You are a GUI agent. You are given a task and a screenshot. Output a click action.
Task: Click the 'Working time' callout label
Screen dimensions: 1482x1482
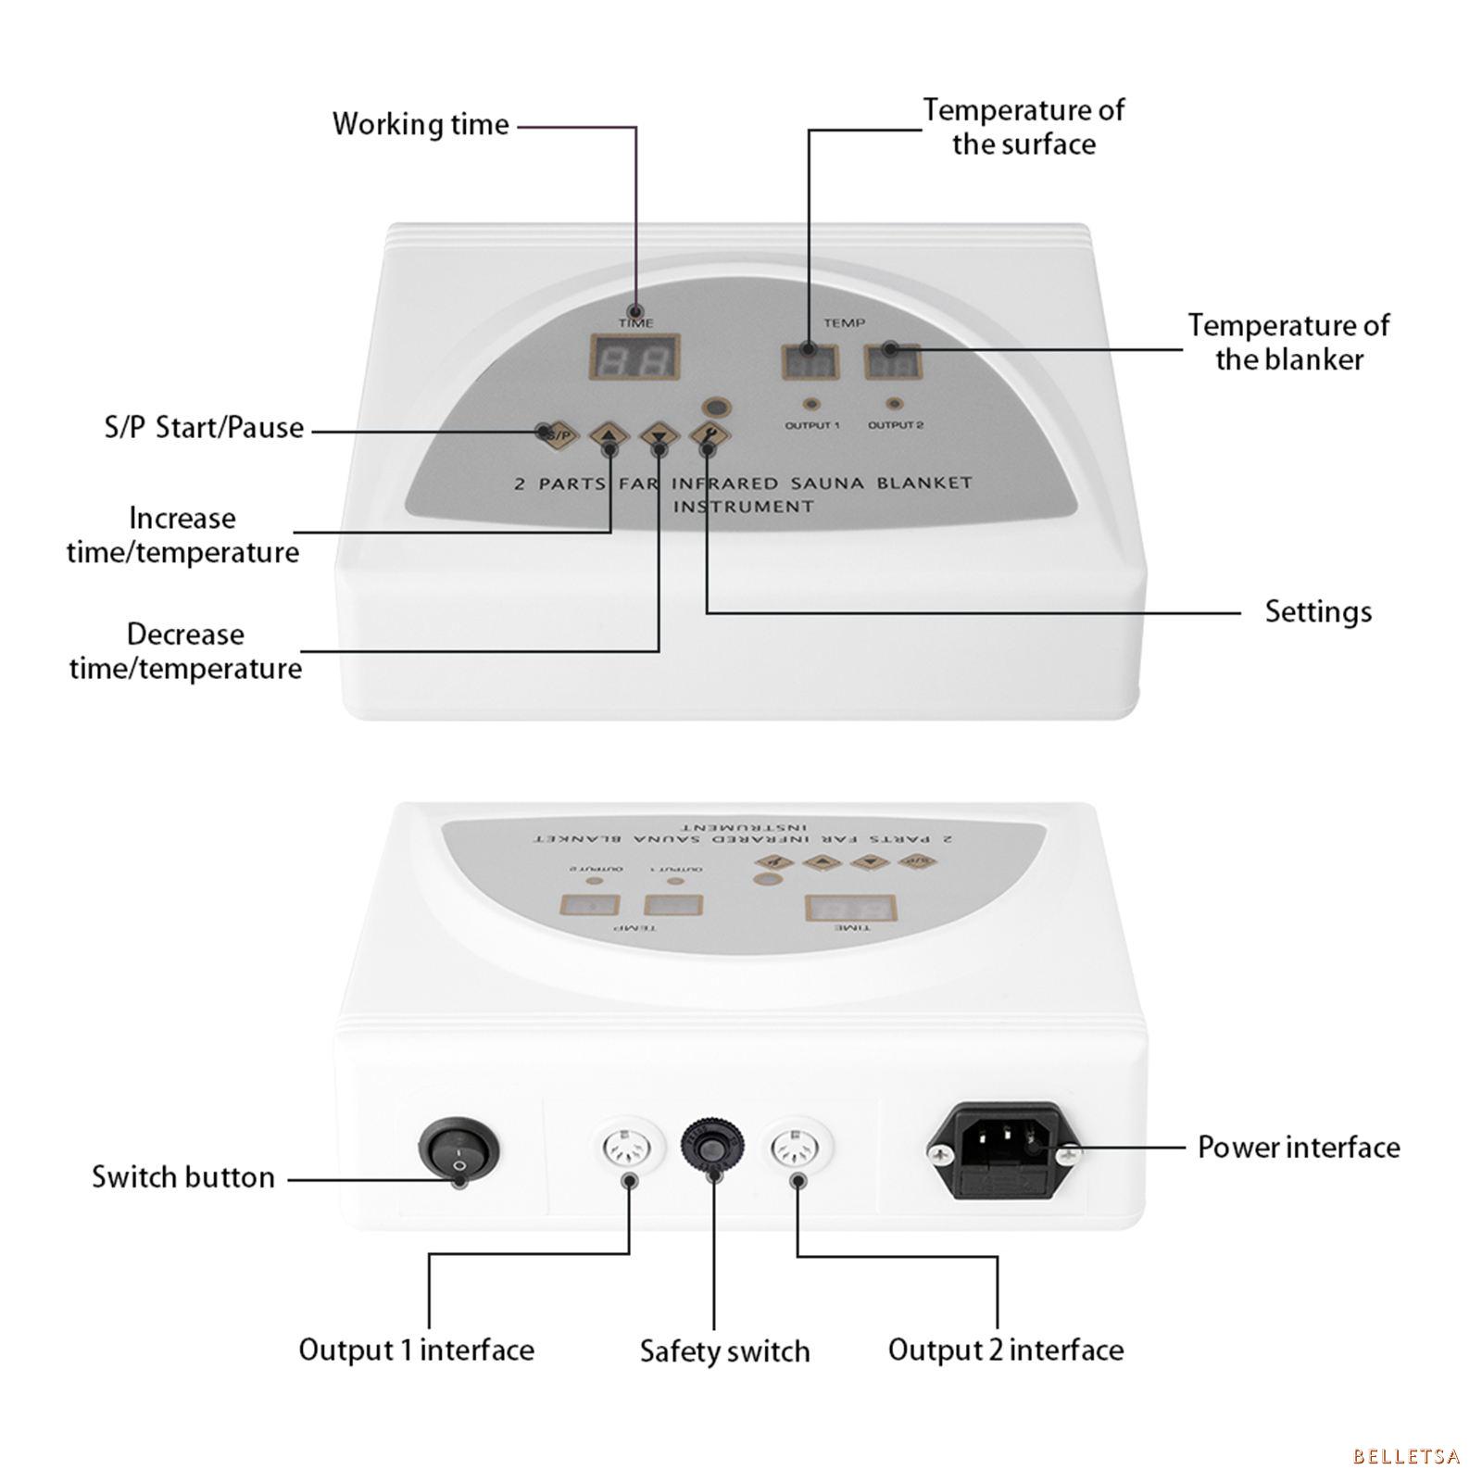(x=421, y=124)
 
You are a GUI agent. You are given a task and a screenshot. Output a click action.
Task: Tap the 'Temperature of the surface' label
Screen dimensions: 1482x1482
(x=1024, y=127)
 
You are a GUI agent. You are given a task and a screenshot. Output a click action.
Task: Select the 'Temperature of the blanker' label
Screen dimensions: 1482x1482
(x=1288, y=342)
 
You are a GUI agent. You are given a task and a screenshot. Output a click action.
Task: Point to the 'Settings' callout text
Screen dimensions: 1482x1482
(x=1318, y=612)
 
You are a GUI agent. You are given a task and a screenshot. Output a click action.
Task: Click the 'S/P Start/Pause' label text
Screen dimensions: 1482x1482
(x=204, y=428)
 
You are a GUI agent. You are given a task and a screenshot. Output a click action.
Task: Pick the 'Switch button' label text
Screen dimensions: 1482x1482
(x=183, y=1177)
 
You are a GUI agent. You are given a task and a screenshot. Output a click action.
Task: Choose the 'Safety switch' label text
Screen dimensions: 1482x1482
(x=724, y=1351)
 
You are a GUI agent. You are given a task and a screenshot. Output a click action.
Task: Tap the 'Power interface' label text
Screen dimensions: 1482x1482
(x=1299, y=1148)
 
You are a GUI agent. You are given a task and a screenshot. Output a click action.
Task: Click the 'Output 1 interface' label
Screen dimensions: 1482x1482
(x=416, y=1350)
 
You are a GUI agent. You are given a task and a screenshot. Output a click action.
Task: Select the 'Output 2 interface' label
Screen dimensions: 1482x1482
(x=1006, y=1350)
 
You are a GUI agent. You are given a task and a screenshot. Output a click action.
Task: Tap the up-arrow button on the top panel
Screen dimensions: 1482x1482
(x=609, y=434)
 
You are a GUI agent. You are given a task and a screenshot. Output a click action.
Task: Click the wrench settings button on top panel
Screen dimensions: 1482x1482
(x=709, y=434)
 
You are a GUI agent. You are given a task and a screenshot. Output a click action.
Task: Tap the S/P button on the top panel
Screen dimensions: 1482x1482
(x=558, y=434)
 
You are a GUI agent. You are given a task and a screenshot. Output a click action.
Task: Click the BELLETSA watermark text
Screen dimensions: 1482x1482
(x=1406, y=1457)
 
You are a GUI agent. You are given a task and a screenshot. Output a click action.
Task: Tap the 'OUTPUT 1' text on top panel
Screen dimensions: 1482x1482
(x=811, y=425)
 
